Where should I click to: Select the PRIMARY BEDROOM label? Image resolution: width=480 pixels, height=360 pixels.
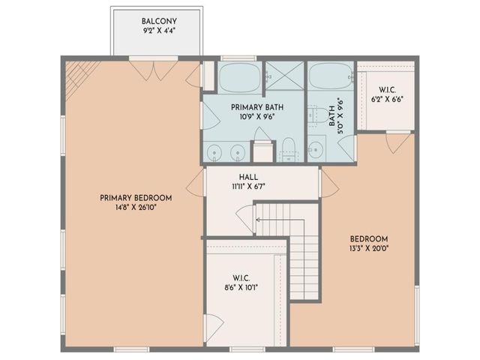point(136,198)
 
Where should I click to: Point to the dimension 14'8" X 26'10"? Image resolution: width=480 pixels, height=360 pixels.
point(136,208)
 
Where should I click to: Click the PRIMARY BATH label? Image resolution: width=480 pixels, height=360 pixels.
point(253,107)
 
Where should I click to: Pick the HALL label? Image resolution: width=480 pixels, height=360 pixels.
point(228,178)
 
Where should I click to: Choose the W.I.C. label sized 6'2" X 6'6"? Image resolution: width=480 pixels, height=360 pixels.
point(387,88)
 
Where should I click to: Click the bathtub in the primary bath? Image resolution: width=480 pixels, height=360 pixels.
point(238,77)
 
